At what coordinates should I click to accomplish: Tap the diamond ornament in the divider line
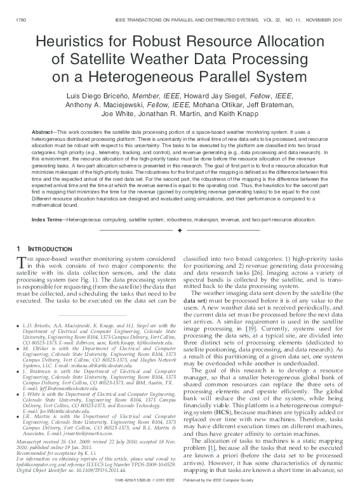(180, 230)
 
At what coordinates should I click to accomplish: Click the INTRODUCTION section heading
(48, 249)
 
